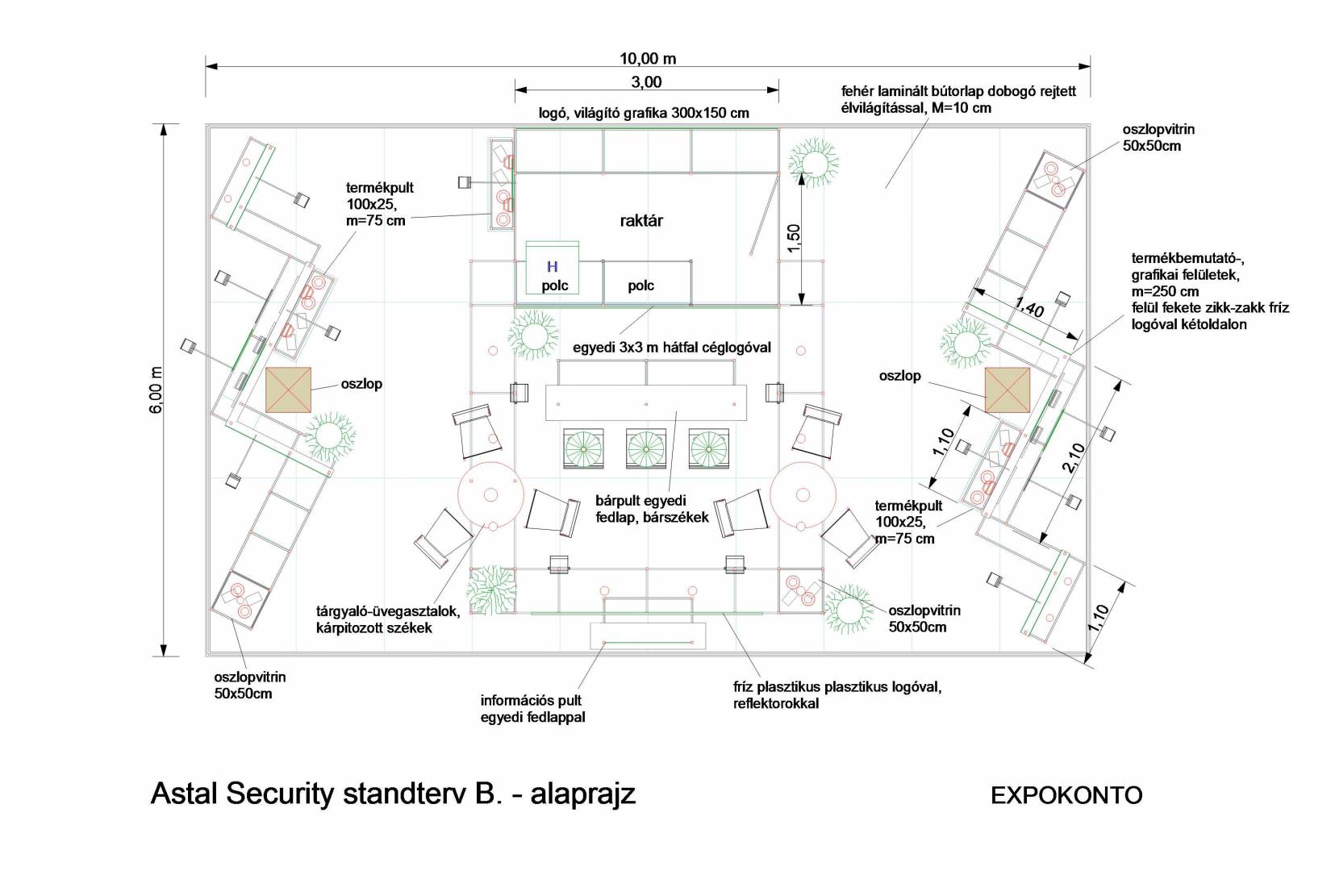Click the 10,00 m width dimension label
[648, 58]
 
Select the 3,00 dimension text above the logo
[645, 82]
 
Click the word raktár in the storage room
[641, 220]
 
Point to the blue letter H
[553, 267]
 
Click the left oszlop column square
[288, 390]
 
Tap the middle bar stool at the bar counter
[645, 447]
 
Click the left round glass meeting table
[490, 494]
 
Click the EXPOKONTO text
[1066, 795]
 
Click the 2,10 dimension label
[1073, 457]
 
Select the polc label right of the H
[640, 285]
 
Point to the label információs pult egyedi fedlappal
[531, 709]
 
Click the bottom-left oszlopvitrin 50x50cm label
[249, 686]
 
